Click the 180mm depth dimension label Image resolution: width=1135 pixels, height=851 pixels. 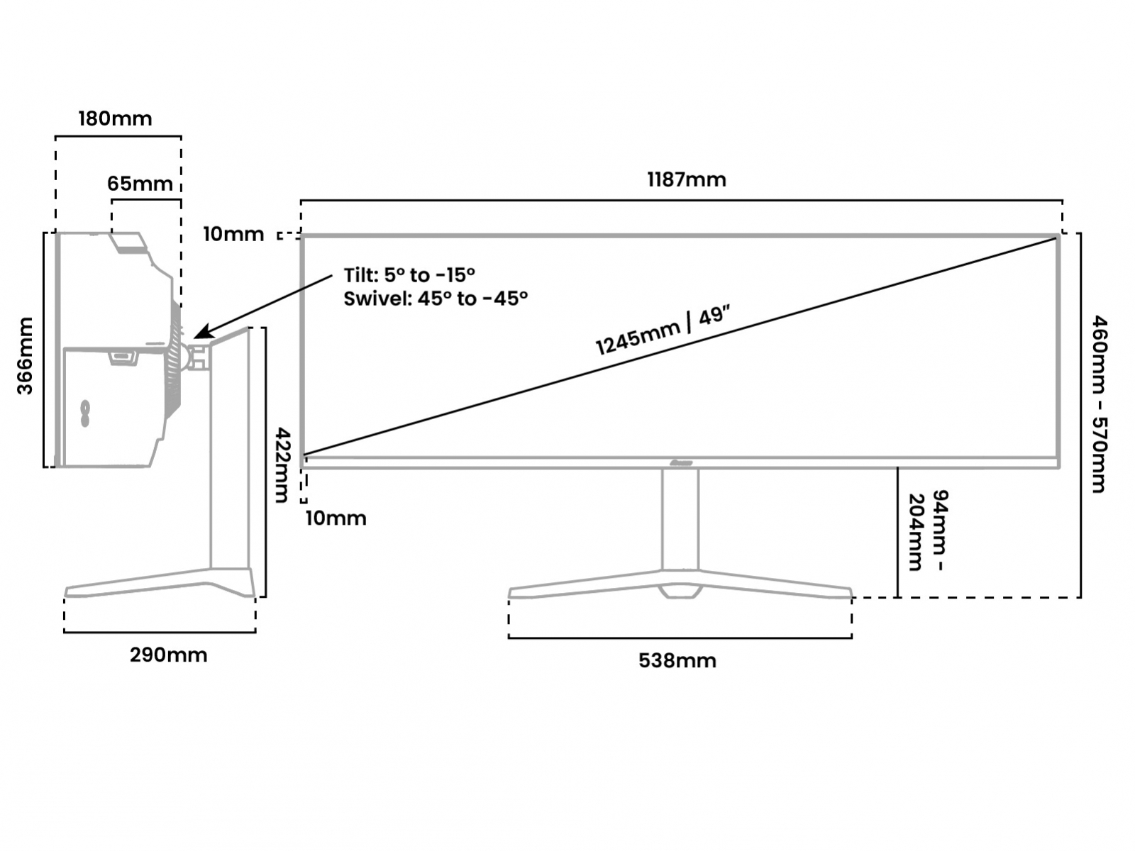(115, 118)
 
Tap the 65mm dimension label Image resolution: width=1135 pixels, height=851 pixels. (140, 184)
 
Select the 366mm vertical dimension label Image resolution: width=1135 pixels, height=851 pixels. (26, 356)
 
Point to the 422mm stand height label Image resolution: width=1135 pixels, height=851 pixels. (282, 465)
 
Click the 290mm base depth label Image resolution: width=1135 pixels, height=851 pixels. (168, 655)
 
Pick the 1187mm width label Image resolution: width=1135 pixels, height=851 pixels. (686, 179)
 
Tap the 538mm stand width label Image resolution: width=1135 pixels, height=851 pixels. (677, 660)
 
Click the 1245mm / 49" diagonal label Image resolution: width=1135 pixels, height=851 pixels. (663, 331)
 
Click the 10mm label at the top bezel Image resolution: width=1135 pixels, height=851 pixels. (233, 234)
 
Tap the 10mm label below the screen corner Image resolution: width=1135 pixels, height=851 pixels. (336, 518)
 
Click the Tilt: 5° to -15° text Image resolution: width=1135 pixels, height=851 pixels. (409, 275)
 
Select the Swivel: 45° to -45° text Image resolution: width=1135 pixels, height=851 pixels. (436, 299)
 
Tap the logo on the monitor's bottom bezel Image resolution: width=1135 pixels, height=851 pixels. (680, 462)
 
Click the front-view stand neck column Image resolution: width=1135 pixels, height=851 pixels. (680, 518)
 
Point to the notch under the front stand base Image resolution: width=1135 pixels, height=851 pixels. (680, 590)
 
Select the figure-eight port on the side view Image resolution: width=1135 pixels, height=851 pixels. (85, 414)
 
